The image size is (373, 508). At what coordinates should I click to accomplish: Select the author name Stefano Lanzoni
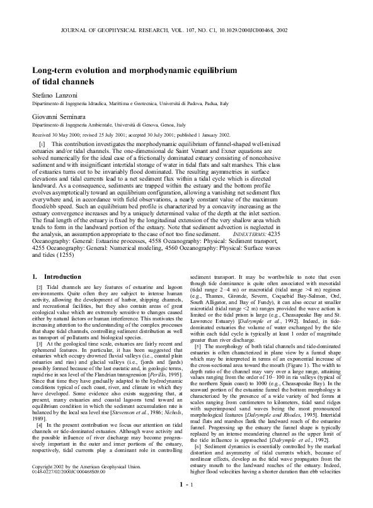click(54, 93)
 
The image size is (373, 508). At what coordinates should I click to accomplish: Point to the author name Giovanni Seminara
click(58, 116)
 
